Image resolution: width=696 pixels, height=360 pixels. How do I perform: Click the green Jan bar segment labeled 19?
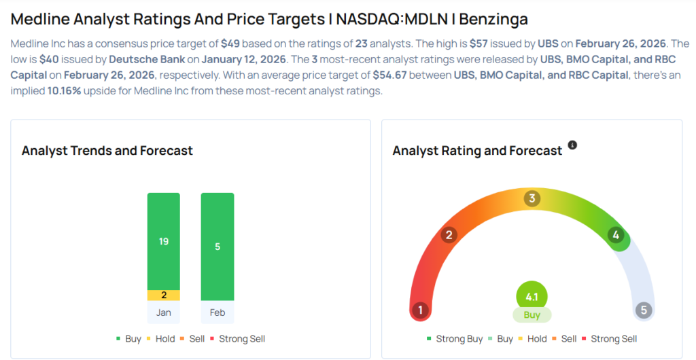pyautogui.click(x=164, y=241)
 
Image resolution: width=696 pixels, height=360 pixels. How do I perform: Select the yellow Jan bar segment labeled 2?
pyautogui.click(x=164, y=295)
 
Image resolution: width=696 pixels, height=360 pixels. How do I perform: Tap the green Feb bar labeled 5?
pyautogui.click(x=217, y=247)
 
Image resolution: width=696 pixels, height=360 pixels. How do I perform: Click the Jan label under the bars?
pyautogui.click(x=164, y=312)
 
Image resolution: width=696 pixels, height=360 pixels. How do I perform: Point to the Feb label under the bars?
pyautogui.click(x=217, y=312)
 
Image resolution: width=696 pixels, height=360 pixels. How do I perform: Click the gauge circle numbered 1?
pyautogui.click(x=421, y=310)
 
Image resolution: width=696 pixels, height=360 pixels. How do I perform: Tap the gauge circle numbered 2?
pyautogui.click(x=448, y=235)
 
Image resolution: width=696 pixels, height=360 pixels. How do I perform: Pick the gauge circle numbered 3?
pyautogui.click(x=532, y=198)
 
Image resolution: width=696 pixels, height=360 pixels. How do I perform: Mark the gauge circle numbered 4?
pyautogui.click(x=616, y=235)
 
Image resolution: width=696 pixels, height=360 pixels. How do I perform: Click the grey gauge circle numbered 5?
pyautogui.click(x=644, y=310)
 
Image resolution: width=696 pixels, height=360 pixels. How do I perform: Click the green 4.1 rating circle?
pyautogui.click(x=532, y=297)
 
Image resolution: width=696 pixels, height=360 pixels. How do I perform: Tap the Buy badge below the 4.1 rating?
pyautogui.click(x=532, y=315)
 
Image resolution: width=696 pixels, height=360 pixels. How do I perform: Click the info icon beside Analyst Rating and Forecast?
pyautogui.click(x=572, y=145)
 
